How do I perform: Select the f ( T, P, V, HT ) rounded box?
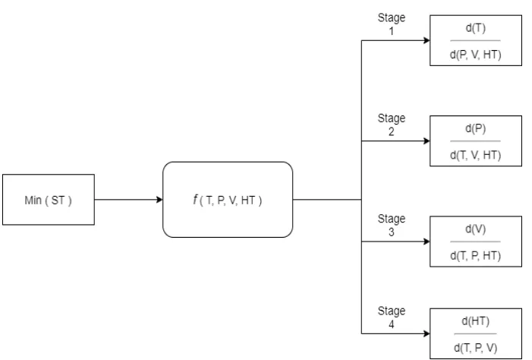tap(228, 200)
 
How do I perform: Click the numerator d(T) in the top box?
tap(476, 28)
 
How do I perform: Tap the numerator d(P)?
tap(476, 128)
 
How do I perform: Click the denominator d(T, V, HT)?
tap(476, 154)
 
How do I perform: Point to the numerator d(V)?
tap(476, 229)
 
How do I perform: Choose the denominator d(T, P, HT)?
tap(476, 255)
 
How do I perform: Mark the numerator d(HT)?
tap(476, 321)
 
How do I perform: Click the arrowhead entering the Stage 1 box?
tap(425, 40)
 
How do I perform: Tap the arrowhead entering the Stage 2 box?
tap(425, 141)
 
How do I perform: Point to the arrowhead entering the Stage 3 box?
tap(425, 242)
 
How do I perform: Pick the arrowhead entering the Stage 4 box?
tap(425, 333)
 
